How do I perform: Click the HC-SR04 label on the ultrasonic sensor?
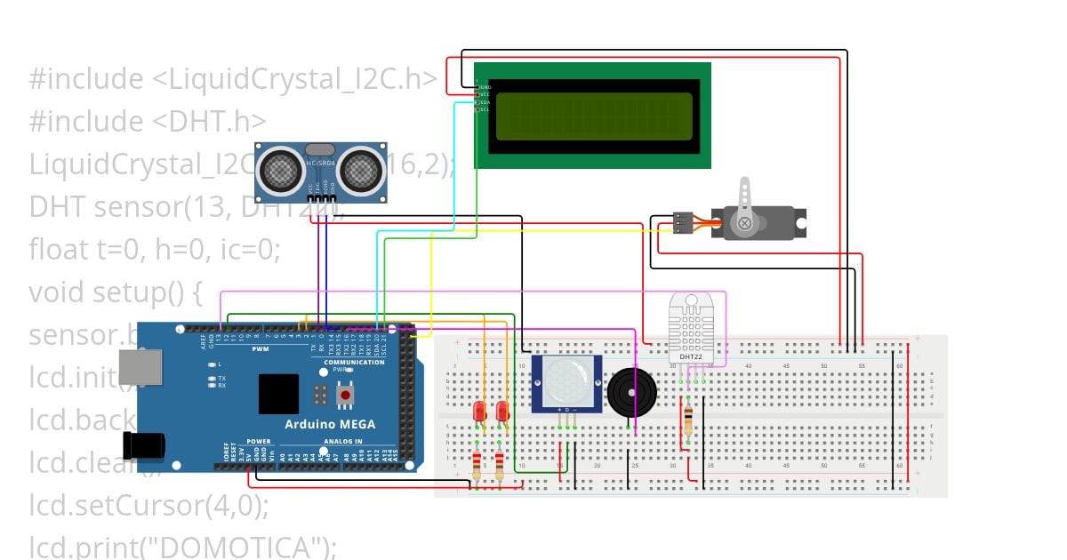tap(319, 164)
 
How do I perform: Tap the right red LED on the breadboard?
tap(502, 411)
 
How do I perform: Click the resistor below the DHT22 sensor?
tap(688, 420)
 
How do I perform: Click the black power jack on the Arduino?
tap(142, 444)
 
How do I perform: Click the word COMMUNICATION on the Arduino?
tap(354, 362)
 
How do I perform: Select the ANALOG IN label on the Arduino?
tap(342, 441)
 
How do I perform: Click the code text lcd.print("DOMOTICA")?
tap(182, 546)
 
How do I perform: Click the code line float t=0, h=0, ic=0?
tap(154, 250)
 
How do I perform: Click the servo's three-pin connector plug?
tap(682, 222)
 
